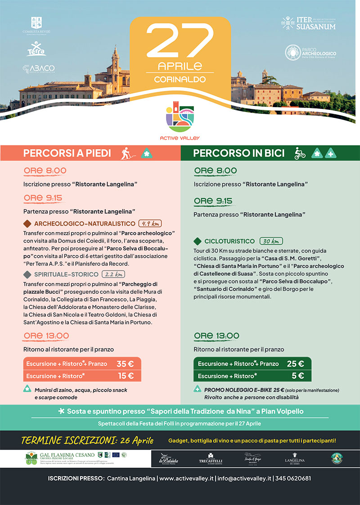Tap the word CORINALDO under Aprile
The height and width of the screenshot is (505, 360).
click(180, 79)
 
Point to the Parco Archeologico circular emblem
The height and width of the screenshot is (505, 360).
click(293, 53)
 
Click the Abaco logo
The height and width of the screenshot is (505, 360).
click(39, 68)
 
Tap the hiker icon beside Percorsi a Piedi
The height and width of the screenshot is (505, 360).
click(128, 153)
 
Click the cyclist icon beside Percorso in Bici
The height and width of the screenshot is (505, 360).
click(300, 153)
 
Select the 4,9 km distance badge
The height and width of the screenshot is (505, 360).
click(150, 224)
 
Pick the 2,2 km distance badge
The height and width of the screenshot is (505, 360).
click(113, 274)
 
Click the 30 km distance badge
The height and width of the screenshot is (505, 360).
click(271, 241)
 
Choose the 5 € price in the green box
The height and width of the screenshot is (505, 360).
click(297, 376)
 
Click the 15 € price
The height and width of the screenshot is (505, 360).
click(125, 376)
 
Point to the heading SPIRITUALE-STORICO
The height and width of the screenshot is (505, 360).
click(66, 274)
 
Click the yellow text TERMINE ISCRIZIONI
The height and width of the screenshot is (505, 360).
click(87, 440)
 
